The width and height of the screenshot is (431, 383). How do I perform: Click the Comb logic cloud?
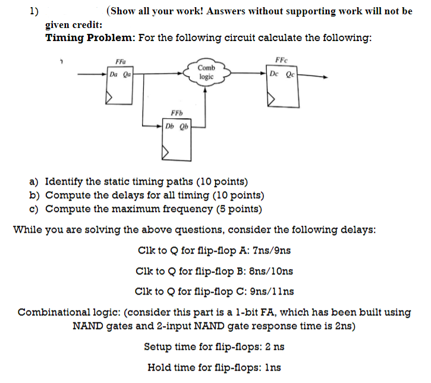(206, 72)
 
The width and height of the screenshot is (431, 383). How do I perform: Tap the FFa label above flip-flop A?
(120, 62)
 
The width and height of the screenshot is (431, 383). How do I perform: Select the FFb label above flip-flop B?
(177, 113)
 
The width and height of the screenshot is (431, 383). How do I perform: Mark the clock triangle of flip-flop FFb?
(167, 154)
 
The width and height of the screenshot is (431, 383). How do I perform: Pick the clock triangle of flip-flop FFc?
(272, 100)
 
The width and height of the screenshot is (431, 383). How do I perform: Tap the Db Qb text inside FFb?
(177, 126)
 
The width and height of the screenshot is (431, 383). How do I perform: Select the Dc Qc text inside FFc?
(282, 75)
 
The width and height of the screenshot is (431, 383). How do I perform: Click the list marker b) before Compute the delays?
(34, 195)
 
